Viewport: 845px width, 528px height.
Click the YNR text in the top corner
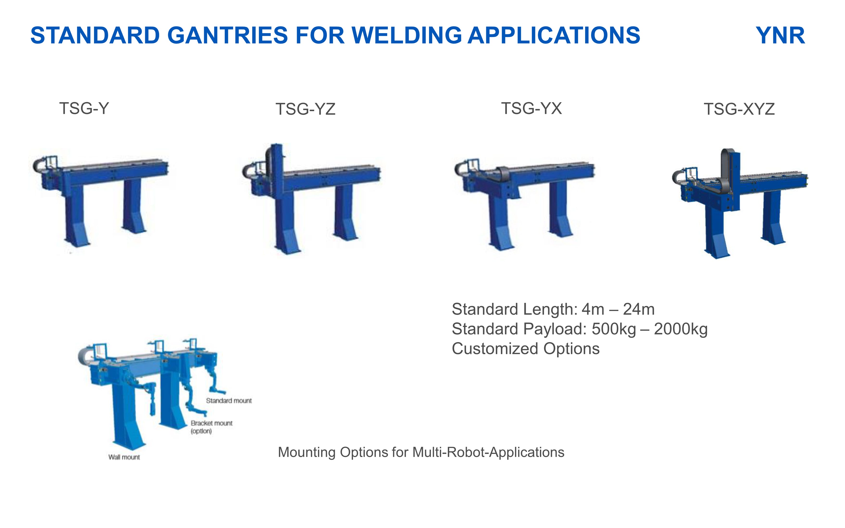click(780, 36)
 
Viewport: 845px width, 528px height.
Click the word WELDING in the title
click(407, 36)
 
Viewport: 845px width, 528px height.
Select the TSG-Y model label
click(84, 108)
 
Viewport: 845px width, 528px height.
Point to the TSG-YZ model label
click(306, 109)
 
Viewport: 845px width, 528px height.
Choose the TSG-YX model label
click(531, 108)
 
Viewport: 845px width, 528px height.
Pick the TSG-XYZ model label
click(739, 109)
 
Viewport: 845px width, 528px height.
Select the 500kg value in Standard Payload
click(614, 329)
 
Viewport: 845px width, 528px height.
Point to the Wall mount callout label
click(124, 457)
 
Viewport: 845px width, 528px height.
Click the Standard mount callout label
click(229, 401)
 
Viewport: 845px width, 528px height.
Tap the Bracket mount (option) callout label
click(211, 427)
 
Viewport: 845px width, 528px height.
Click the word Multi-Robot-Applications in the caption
click(488, 452)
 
